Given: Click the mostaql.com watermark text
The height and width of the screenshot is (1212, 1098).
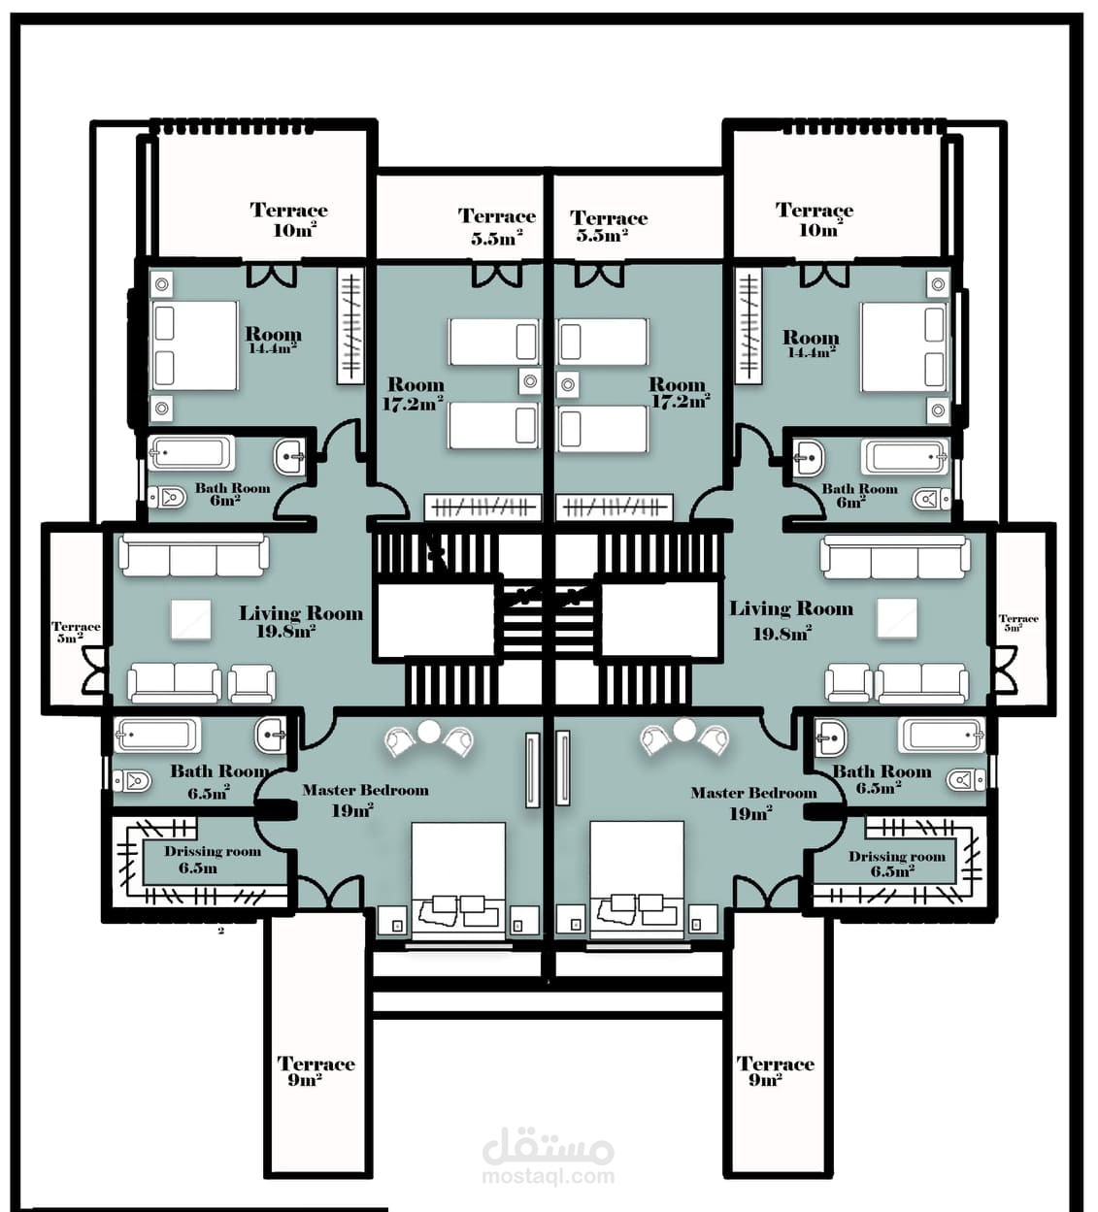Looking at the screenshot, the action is click(x=549, y=1176).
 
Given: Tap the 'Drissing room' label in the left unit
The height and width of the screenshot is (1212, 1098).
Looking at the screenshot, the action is click(x=213, y=851).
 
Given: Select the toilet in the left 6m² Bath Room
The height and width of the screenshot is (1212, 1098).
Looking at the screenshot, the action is click(x=167, y=497).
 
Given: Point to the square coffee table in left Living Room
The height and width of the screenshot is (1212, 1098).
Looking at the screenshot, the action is click(x=191, y=619).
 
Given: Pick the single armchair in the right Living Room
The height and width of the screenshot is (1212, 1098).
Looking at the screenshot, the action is click(x=848, y=684).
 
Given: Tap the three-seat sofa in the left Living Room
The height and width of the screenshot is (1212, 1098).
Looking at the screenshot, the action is click(x=194, y=555).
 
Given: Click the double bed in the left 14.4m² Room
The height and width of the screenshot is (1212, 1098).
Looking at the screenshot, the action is click(x=195, y=345).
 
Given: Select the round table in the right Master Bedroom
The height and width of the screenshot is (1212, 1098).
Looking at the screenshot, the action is click(x=684, y=730).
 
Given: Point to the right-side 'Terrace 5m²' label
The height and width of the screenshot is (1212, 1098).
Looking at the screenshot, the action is click(x=1018, y=622).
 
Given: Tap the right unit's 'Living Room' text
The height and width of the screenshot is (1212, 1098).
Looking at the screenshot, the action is click(x=791, y=608).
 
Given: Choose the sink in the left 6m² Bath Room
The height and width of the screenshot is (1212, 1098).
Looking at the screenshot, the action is click(x=290, y=458).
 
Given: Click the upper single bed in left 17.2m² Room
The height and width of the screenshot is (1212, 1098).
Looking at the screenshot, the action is click(x=493, y=342).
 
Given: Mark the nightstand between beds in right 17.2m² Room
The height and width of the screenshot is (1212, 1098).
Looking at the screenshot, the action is click(x=568, y=384).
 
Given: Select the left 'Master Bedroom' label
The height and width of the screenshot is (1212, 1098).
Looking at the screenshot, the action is click(x=365, y=790).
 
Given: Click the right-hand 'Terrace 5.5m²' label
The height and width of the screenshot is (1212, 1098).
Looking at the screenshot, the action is click(x=608, y=226).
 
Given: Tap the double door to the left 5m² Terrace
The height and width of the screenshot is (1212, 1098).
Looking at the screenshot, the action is click(x=94, y=670).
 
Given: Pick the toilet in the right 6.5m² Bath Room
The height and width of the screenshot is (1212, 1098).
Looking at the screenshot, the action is click(x=966, y=780).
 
